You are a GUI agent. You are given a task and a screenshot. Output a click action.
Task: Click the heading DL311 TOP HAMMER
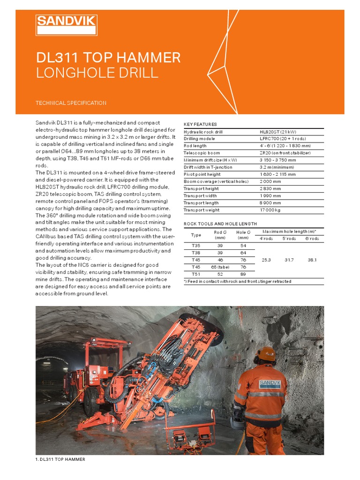click(108, 58)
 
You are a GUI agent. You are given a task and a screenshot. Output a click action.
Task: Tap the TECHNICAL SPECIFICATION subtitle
click(71, 103)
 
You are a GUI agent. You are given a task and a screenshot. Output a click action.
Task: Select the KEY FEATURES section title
click(200, 124)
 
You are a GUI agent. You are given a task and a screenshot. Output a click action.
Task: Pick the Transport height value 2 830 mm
click(270, 189)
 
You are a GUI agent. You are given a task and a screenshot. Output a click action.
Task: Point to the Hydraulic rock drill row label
click(203, 132)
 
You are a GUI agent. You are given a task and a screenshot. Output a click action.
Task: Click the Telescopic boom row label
click(202, 153)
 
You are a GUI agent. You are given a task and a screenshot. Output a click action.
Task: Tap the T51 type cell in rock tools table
click(196, 274)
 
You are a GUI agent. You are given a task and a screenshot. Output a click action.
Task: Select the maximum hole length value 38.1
click(311, 259)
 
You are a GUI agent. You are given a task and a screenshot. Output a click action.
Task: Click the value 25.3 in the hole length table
click(266, 259)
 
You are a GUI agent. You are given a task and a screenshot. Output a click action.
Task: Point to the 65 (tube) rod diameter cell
click(220, 267)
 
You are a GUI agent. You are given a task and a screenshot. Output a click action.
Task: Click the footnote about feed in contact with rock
click(237, 282)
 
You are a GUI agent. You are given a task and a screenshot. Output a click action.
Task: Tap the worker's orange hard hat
click(267, 354)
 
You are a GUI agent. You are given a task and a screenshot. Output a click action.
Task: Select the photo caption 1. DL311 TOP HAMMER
click(60, 459)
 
